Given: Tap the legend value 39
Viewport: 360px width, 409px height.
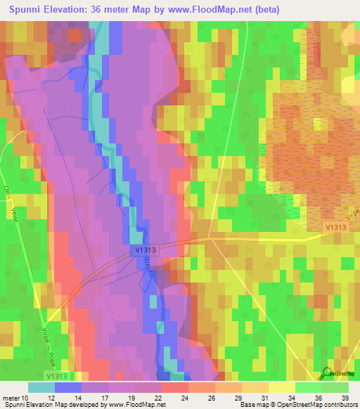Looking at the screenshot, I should click(344, 397).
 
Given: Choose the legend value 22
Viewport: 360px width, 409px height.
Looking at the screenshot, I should click(165, 397).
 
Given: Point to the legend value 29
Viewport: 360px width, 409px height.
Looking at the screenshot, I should click(238, 397).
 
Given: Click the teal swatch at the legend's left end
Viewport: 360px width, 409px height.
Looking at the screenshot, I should click(41, 387).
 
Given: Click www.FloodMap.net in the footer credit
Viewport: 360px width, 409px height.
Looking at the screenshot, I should click(133, 405).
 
